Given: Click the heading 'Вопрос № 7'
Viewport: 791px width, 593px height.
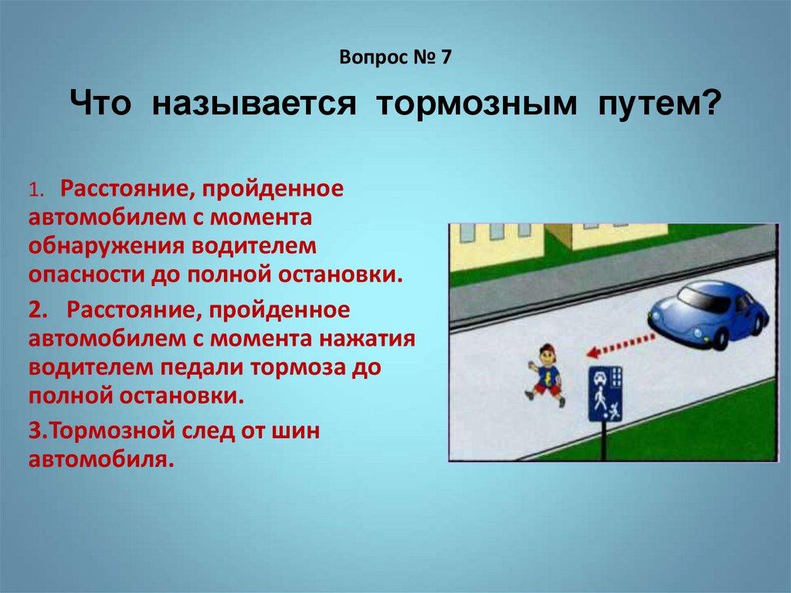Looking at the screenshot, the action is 395,57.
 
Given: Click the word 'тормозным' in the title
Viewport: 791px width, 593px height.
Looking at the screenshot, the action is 476,104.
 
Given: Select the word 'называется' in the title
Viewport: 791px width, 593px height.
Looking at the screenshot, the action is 253,104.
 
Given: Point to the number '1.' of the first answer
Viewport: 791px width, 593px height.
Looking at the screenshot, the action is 37,189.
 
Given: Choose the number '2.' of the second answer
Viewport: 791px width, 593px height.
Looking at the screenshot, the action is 38,309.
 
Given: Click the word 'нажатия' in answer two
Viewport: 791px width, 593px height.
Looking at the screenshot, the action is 367,338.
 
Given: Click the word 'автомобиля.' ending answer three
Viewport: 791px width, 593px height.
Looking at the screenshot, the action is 101,459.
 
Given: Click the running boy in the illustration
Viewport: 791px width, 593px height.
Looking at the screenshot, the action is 546,374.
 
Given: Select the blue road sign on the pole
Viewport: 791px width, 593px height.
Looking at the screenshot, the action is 606,394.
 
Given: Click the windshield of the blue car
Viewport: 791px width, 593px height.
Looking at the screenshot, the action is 704,298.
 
